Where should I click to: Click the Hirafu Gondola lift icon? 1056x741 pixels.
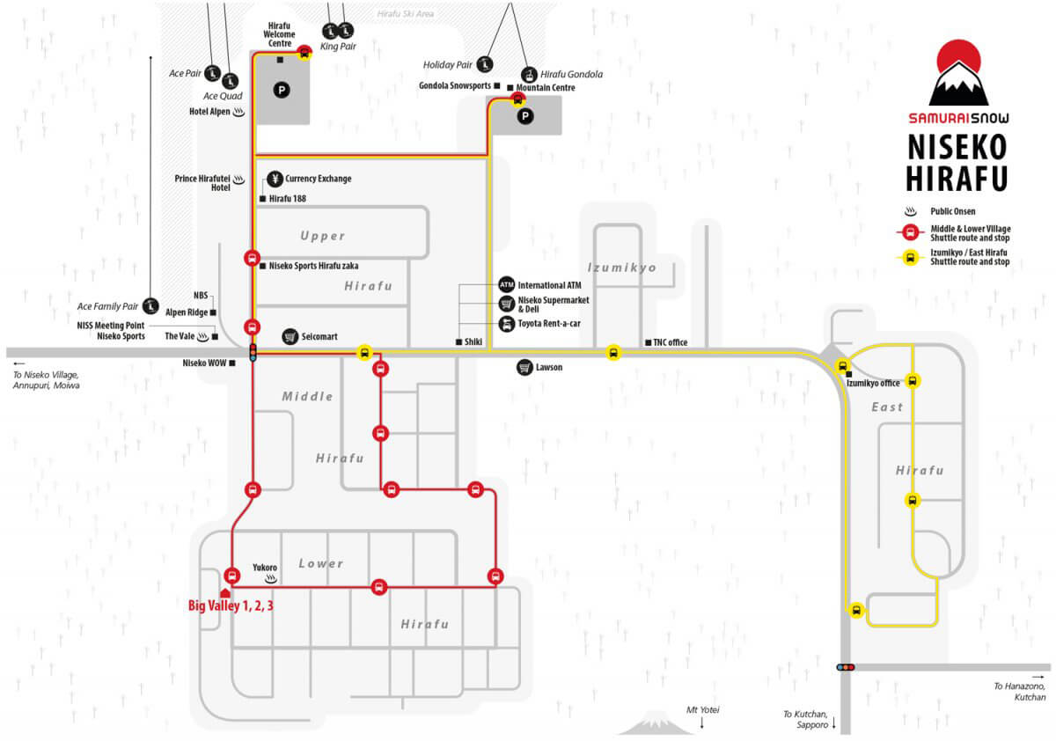529,75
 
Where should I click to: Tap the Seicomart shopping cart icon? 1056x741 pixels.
290,336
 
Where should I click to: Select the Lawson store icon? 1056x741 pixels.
524,367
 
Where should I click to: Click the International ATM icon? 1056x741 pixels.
506,285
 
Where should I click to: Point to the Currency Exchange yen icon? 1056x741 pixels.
275,179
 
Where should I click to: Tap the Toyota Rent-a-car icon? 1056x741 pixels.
506,324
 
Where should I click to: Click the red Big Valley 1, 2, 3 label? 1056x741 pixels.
231,605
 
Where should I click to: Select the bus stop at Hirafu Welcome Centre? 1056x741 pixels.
304,52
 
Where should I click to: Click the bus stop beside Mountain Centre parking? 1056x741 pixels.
517,99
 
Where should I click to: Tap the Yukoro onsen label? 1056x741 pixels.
265,568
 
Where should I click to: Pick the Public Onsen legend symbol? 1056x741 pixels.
910,211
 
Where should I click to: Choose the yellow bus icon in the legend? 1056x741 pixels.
910,258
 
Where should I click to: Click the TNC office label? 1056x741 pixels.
670,342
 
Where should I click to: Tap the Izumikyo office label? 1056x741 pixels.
873,383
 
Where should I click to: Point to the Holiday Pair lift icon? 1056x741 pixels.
484,64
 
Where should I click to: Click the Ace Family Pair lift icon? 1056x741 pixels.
150,306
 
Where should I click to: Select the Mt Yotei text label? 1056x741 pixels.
702,710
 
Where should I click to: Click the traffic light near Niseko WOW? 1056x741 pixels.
253,353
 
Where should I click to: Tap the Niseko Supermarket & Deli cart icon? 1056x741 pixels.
506,304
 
